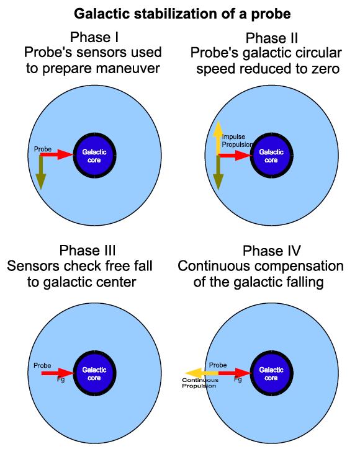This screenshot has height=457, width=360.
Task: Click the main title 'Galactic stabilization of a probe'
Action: tap(182, 14)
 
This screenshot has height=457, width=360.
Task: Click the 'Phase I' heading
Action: tap(94, 37)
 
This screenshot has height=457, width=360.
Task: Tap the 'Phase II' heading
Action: tap(272, 38)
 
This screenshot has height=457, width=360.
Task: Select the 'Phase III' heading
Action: tap(88, 251)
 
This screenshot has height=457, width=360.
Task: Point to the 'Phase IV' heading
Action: tap(272, 251)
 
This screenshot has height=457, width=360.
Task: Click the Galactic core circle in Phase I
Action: tap(94, 156)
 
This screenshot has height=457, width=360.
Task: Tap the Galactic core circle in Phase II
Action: tap(272, 156)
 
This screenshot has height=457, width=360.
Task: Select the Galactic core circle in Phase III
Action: tap(94, 373)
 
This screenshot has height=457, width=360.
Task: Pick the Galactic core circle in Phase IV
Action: tap(272, 373)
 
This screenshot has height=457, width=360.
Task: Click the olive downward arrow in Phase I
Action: tap(41, 172)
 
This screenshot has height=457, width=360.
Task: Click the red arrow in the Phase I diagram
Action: tap(56, 154)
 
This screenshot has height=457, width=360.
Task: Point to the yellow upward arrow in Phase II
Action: tap(218, 138)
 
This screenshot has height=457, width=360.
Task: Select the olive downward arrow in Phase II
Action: tap(218, 172)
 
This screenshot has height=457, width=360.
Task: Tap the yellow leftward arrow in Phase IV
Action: tap(202, 373)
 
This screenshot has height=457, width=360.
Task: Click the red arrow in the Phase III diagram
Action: tap(58, 373)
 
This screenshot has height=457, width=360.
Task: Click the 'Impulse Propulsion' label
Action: tap(237, 141)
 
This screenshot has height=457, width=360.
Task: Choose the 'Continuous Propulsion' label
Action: tap(200, 383)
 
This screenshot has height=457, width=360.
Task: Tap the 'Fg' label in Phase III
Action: tap(61, 379)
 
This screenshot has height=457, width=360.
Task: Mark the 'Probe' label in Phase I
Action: tap(43, 149)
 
